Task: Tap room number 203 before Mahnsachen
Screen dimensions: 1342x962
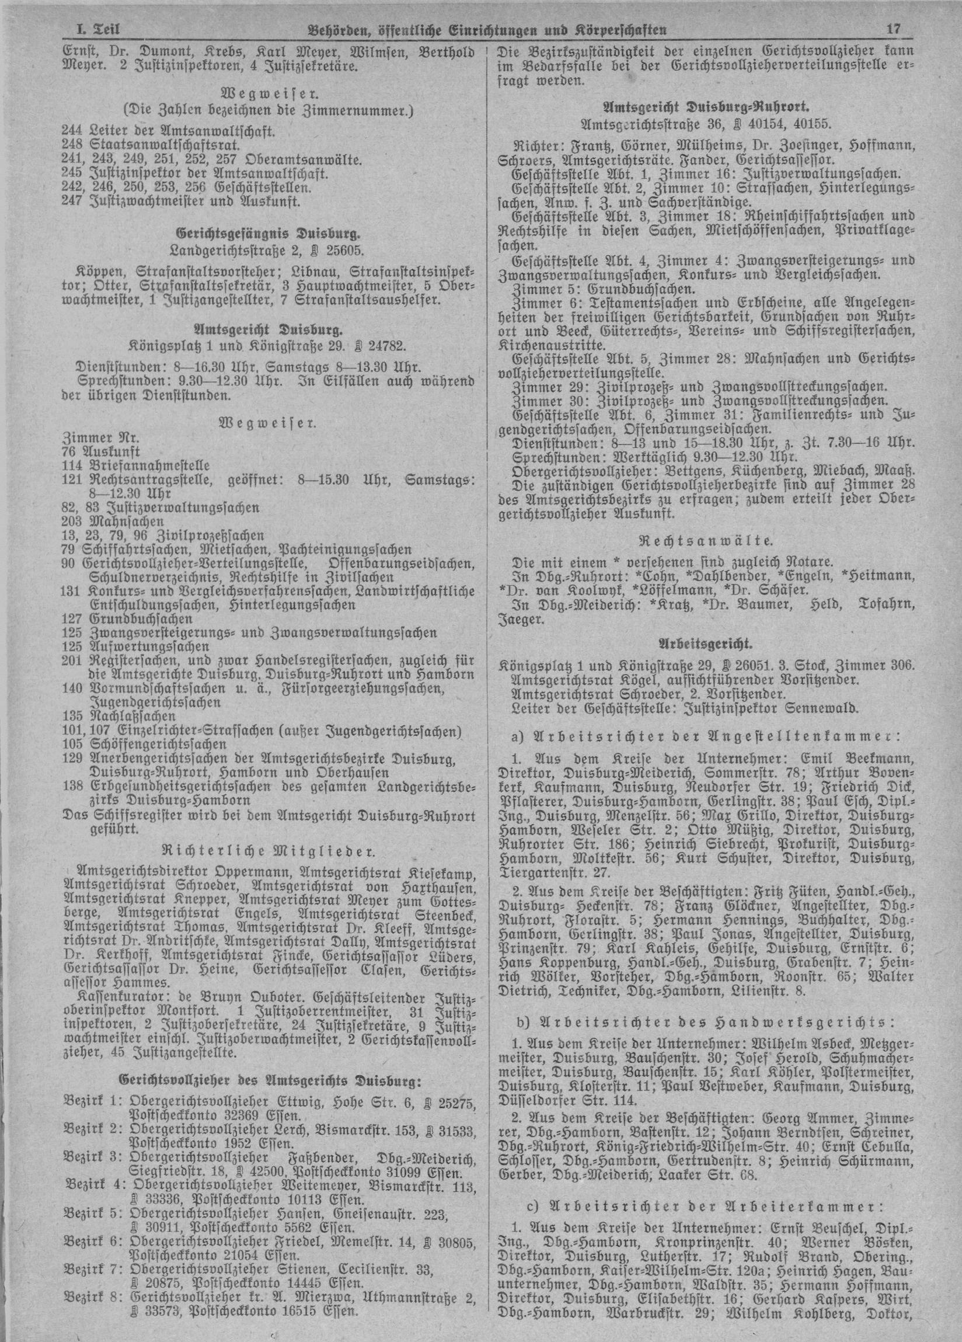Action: click(x=72, y=521)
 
